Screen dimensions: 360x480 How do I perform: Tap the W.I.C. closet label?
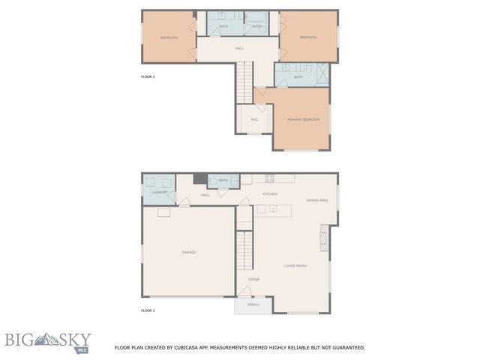click(x=254, y=119)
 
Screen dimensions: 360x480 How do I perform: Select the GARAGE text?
click(x=189, y=252)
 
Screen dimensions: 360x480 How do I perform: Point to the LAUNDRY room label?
click(x=159, y=193)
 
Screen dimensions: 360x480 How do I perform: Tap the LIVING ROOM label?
click(x=295, y=266)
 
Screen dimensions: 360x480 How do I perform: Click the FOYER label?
click(x=254, y=279)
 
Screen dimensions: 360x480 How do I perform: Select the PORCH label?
click(x=253, y=304)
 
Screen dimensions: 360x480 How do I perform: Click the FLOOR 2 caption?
click(x=148, y=76)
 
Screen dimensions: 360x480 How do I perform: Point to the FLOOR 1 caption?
click(x=148, y=310)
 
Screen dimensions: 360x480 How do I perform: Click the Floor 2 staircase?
click(x=244, y=82)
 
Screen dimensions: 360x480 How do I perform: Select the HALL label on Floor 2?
click(x=239, y=49)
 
